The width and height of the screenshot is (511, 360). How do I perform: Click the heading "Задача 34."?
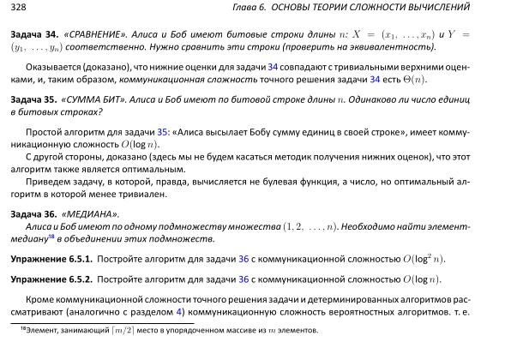pyautogui.click(x=33, y=38)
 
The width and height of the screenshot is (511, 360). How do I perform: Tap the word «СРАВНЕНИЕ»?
pyautogui.click(x=98, y=38)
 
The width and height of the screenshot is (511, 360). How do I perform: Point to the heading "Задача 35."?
pyautogui.click(x=33, y=100)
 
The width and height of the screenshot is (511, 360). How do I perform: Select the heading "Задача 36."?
pyautogui.click(x=33, y=212)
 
